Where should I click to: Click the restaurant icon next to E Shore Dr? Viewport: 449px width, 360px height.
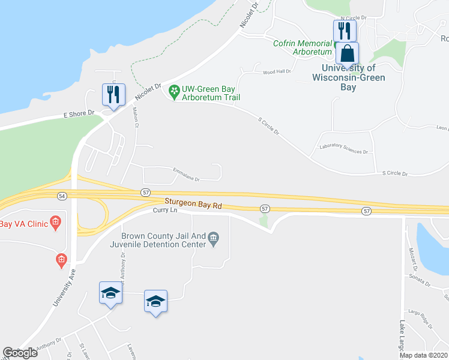113,95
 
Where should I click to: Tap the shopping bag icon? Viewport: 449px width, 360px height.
347,54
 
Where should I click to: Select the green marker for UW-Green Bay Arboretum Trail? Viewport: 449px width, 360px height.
175,92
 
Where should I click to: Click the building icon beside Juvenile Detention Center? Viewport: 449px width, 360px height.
214,240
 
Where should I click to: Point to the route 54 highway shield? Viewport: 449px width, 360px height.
62,196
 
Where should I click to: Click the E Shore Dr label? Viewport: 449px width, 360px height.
79,113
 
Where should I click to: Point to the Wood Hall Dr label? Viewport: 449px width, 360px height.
277,71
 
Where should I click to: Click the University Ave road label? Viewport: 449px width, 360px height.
64,287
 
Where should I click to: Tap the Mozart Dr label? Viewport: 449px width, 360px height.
412,259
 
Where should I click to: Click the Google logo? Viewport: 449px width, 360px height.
20,353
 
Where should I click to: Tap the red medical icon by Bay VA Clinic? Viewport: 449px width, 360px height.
55,224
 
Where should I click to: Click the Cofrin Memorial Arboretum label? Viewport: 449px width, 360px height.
303,47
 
